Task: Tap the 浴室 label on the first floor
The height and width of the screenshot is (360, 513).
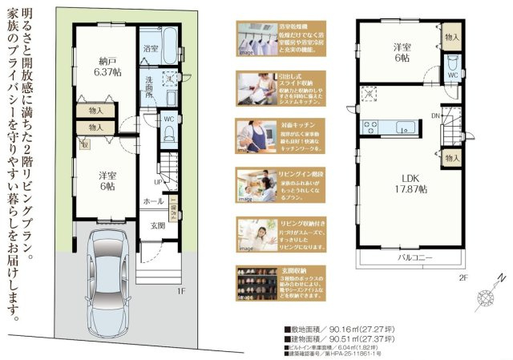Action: (x=150, y=49)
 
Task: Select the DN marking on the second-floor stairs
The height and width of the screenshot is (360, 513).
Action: (x=434, y=115)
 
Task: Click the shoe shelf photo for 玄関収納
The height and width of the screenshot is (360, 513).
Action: (x=256, y=282)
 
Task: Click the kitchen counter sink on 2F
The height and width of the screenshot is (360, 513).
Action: (x=406, y=126)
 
